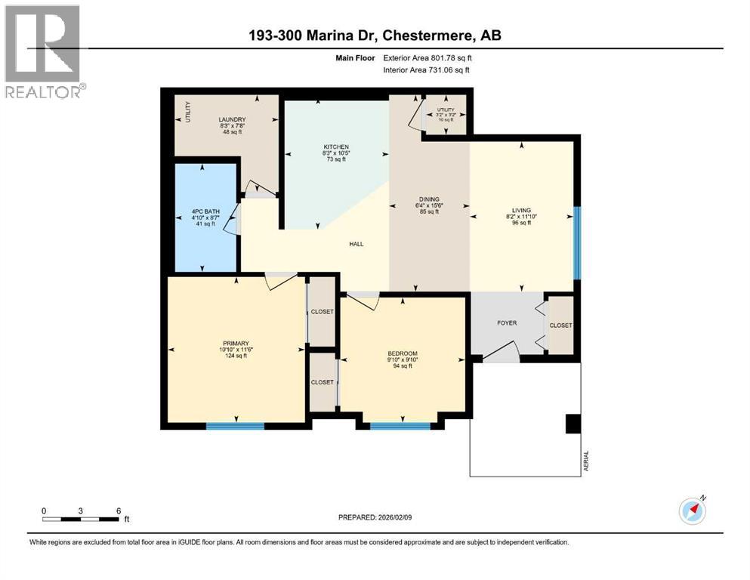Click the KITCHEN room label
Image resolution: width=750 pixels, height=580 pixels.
(x=335, y=147)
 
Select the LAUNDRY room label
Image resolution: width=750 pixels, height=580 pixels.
(x=232, y=119)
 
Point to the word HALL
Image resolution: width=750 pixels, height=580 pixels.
(x=356, y=243)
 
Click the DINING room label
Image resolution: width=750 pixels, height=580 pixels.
(x=428, y=199)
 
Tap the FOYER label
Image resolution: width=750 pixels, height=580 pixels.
(x=506, y=322)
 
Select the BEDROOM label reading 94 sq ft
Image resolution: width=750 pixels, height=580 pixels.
(x=402, y=353)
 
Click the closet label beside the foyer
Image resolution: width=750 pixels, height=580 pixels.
(x=560, y=325)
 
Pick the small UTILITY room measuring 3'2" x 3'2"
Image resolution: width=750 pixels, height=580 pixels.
(x=446, y=114)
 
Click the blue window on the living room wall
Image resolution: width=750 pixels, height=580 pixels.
(x=577, y=242)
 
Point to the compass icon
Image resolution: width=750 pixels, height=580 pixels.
(x=693, y=511)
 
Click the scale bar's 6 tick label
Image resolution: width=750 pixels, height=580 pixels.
(x=119, y=511)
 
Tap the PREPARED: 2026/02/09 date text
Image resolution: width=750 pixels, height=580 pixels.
(x=375, y=517)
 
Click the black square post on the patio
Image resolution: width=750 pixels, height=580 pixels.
(x=573, y=424)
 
